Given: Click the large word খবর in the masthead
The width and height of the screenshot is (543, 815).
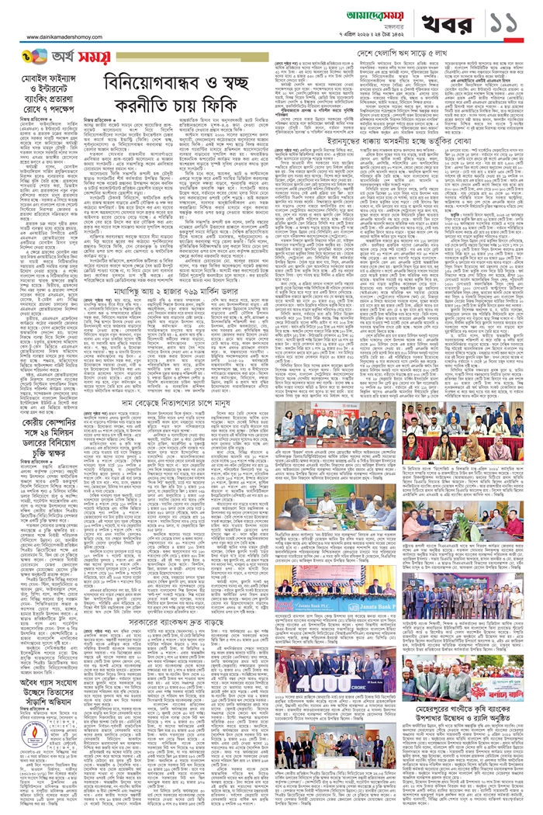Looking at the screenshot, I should tap(454, 22).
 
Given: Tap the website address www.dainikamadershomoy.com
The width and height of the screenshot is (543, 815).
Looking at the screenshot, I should tap(71, 36).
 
